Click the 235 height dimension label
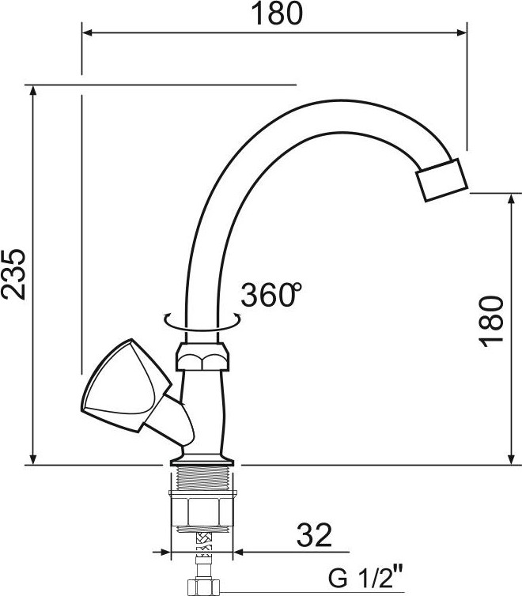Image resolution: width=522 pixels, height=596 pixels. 14,273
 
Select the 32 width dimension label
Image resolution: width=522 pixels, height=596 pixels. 314,535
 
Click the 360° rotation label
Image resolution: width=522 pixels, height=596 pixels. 271,295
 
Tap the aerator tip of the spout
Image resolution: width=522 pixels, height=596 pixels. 441,179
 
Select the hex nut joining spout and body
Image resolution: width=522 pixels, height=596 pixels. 203,356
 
